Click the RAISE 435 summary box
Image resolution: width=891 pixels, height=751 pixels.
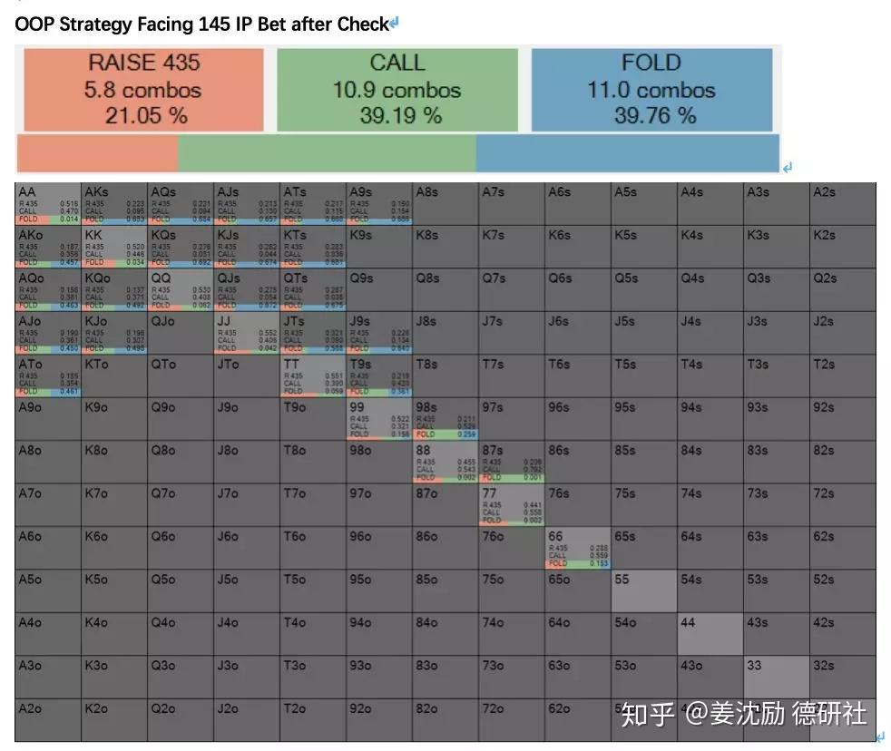143,89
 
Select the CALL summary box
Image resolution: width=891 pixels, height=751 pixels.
397,89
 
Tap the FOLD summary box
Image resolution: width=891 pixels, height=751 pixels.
651,89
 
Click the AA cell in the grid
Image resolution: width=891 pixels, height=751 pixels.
48,203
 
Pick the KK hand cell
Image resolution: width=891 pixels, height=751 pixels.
114,247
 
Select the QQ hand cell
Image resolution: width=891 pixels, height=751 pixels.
181,289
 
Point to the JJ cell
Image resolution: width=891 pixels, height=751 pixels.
247,333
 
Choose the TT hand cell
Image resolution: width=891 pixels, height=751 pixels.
313,375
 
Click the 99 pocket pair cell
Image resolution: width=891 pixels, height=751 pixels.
379,418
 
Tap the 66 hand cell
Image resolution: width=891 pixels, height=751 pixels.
578,548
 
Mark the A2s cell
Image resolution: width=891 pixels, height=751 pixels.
842,203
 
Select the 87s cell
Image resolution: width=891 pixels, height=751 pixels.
512,462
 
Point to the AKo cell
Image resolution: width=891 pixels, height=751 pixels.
48,247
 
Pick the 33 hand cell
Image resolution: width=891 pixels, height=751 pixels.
776,677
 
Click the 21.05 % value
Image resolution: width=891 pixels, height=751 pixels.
143,115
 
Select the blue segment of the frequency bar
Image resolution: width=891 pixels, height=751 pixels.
626,153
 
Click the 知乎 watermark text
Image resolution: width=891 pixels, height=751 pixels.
647,715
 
